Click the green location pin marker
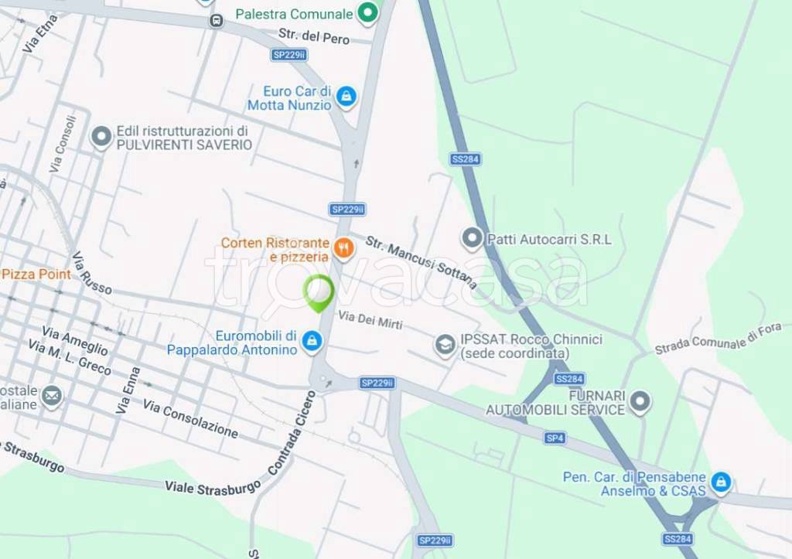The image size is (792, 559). pos(318,293)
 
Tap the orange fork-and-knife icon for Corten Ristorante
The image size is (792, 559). pos(343,248)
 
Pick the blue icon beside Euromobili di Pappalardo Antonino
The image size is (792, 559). pos(312,341)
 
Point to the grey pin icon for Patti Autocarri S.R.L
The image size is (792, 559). pos(471,238)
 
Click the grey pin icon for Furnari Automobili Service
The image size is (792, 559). pos(639,401)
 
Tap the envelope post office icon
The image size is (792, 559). pos(52,397)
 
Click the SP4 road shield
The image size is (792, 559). pos(555,438)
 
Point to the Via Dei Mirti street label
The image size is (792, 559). pos(370,319)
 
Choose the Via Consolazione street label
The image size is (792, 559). pos(190,419)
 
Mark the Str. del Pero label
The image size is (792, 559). pos(314,36)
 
